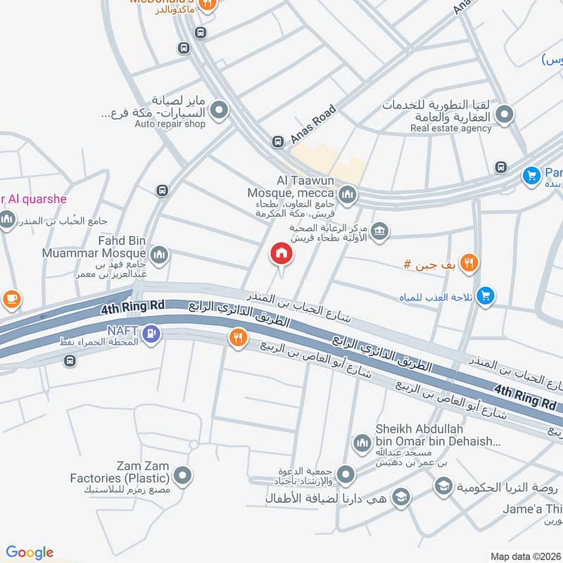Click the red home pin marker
281,254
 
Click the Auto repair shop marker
220,110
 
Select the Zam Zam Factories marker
182,476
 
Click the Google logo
30,552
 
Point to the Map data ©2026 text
524,556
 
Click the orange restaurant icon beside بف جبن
470,263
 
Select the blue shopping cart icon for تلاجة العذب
485,297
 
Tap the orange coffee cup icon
11,298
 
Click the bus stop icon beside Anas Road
278,141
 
